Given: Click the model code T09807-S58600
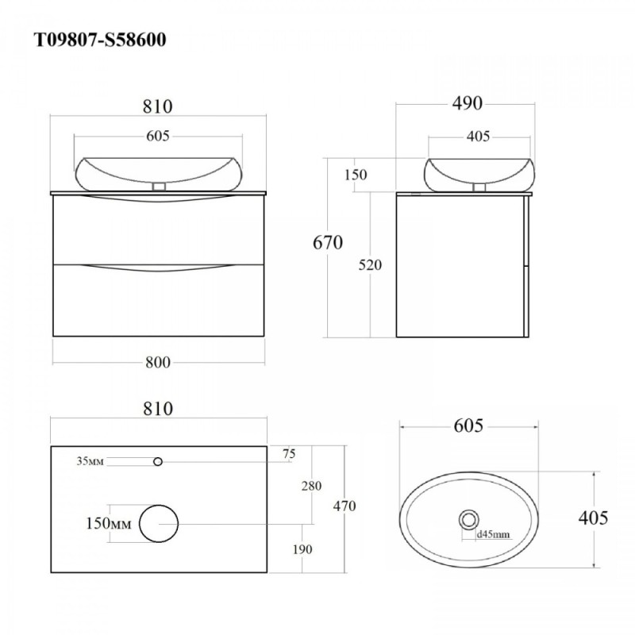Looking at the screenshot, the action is [100, 40].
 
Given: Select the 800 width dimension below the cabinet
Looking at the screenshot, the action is [158, 362].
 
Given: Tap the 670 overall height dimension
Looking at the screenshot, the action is [328, 243].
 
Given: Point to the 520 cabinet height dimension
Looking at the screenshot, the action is [370, 265].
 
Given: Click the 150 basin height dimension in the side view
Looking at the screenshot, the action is [356, 175].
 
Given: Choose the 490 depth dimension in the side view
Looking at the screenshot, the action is [468, 103].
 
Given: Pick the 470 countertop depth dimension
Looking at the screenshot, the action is [344, 506].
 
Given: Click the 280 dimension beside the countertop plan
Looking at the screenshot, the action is [311, 486].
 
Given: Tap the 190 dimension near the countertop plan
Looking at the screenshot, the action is [302, 549].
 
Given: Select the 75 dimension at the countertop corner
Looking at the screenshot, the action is [289, 454].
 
